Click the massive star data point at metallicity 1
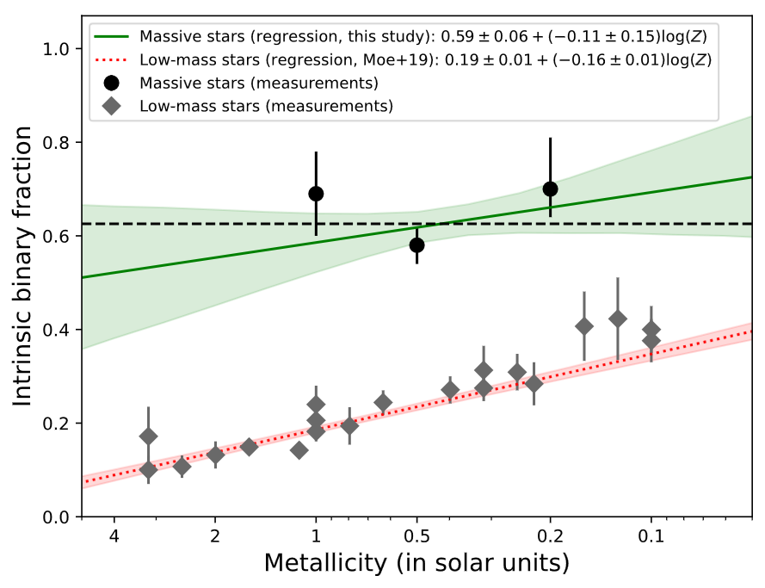(x=316, y=194)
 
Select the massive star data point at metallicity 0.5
(x=417, y=244)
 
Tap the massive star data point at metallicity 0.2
(x=551, y=189)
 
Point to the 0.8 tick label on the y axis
(x=59, y=143)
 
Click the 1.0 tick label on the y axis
(x=59, y=49)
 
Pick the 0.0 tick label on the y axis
(x=59, y=517)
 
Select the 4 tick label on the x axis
(x=114, y=536)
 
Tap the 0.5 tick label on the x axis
(x=417, y=536)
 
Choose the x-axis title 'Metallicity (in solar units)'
(x=416, y=564)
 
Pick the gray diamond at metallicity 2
(x=215, y=455)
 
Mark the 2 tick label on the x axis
(x=215, y=536)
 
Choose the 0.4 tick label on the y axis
(x=59, y=330)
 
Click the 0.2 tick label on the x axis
(x=550, y=536)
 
